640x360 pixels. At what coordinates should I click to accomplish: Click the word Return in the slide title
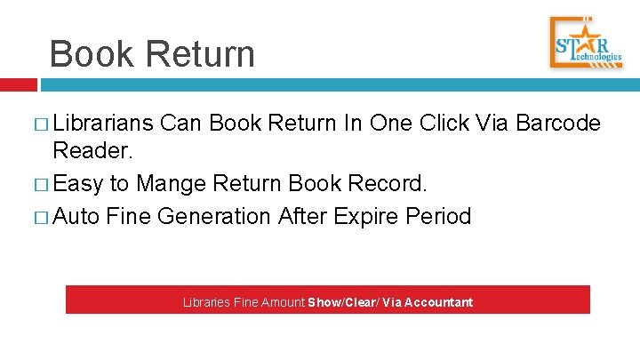[202, 54]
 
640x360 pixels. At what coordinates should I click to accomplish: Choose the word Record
[392, 185]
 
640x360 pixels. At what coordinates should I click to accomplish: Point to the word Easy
[79, 185]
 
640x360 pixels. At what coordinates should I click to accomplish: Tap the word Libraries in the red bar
[206, 302]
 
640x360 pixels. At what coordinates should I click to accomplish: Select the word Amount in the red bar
[282, 302]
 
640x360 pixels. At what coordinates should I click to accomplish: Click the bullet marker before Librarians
[43, 124]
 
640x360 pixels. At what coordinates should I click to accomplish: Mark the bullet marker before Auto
[43, 216]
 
